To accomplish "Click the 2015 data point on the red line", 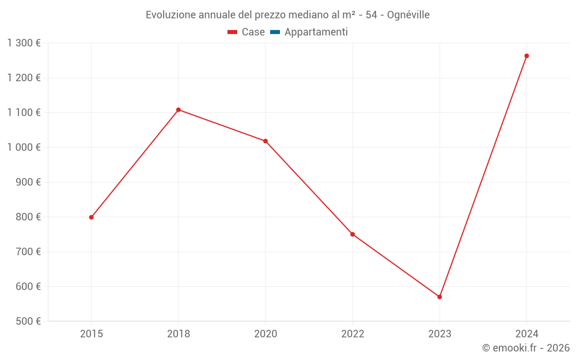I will [91, 217].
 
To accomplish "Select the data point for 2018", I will [178, 109].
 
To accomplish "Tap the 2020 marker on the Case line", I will [266, 141].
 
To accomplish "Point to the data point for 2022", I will [353, 234].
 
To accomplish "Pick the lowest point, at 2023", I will [439, 297].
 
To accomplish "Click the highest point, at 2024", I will [526, 56].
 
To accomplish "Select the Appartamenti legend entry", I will [316, 32].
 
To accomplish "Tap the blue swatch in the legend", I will [275, 32].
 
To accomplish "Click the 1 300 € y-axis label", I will [24, 43].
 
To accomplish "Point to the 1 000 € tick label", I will [24, 147].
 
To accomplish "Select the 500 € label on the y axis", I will [27, 321].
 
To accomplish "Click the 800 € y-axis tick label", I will [27, 217].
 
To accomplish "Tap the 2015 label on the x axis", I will [91, 334].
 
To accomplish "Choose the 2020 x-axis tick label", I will [266, 334].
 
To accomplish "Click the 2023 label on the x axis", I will [439, 334].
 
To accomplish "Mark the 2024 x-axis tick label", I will [526, 334].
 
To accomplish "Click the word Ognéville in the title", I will [408, 15].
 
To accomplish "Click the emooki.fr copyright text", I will [525, 348].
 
